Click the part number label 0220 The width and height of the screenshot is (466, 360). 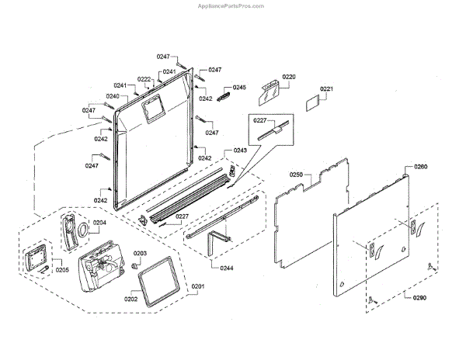click(289, 77)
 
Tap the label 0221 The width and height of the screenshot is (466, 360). click(326, 89)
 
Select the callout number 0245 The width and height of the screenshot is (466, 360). click(238, 88)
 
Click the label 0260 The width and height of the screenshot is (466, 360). click(420, 167)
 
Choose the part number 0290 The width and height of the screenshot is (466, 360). click(420, 298)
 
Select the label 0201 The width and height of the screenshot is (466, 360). click(199, 287)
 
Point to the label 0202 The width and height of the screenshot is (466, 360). click(130, 298)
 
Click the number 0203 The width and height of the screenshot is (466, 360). click(140, 254)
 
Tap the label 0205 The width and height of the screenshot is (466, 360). click(61, 270)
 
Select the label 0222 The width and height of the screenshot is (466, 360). click(144, 79)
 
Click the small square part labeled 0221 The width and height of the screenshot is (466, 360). click(311, 102)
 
